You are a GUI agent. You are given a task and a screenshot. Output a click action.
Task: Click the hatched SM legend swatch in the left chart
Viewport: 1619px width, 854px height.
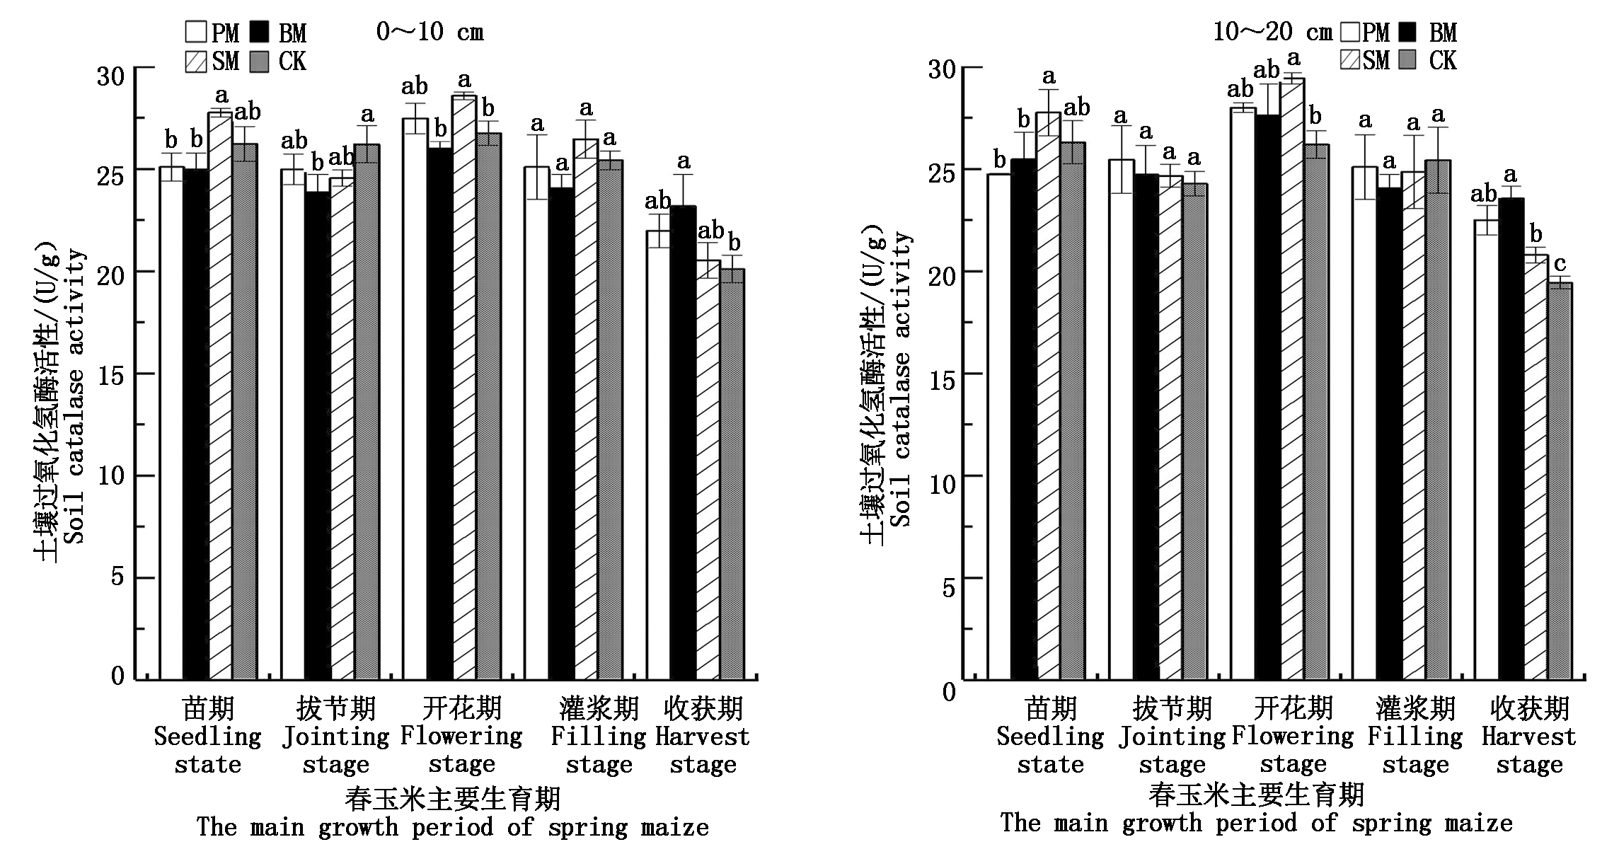tap(196, 62)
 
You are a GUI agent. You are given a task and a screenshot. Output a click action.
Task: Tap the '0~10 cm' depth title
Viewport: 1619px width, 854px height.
tap(430, 32)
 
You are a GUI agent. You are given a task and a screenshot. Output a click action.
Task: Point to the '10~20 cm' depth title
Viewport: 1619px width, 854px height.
tap(1272, 32)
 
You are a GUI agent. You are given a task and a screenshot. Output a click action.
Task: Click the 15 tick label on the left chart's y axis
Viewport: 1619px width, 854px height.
tap(111, 375)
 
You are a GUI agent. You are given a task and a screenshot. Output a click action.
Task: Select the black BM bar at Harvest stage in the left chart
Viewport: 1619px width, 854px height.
tap(683, 442)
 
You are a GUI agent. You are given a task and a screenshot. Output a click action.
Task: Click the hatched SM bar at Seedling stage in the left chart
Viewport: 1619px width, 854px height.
tap(220, 396)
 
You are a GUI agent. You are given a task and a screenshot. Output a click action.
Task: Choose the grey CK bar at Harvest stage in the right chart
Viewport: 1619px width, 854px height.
tap(1560, 481)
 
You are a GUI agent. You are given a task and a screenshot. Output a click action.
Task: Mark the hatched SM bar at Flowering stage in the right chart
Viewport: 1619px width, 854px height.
tap(1293, 379)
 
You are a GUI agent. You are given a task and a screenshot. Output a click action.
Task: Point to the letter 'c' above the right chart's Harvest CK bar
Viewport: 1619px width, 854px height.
tap(1560, 265)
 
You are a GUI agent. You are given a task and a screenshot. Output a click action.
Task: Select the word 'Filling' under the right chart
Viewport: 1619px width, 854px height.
tap(1415, 737)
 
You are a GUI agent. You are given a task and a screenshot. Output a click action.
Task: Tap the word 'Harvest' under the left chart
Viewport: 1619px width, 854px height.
tap(702, 737)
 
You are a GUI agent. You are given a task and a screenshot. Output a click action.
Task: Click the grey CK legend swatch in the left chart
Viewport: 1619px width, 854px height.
tap(262, 62)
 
